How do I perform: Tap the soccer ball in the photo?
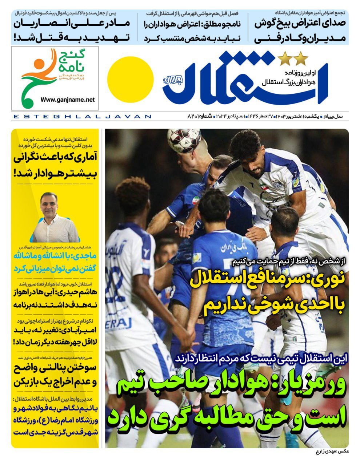pyautogui.click(x=184, y=140)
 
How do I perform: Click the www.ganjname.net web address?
pyautogui.click(x=68, y=99)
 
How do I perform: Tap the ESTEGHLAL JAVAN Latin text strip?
pyautogui.click(x=82, y=117)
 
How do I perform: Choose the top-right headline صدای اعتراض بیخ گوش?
pyautogui.click(x=300, y=30)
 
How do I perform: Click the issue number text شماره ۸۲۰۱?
pyautogui.click(x=198, y=117)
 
